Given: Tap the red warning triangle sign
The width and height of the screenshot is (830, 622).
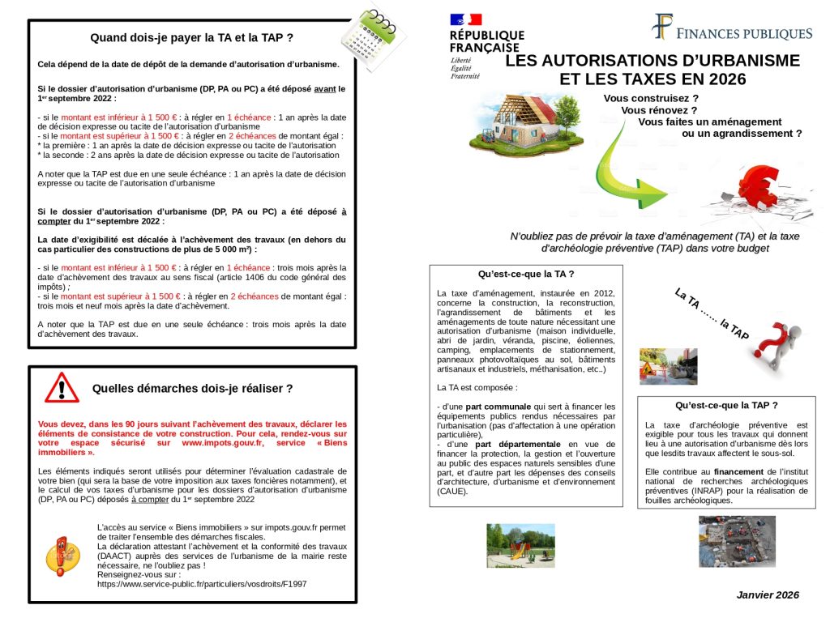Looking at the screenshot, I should click(62, 387).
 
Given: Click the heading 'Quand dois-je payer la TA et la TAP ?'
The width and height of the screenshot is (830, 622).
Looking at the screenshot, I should click(191, 37).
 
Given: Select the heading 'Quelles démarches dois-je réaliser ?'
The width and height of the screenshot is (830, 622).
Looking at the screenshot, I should click(192, 389).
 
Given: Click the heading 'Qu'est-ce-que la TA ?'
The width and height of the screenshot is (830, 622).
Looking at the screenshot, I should click(526, 274).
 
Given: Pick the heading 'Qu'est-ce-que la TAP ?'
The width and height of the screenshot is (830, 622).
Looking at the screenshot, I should click(726, 405).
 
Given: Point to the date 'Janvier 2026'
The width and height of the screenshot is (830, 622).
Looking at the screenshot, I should click(768, 595).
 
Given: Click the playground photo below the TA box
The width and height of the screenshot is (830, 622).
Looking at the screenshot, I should click(520, 545).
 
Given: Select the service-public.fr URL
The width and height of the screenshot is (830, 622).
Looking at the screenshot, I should click(201, 583).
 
